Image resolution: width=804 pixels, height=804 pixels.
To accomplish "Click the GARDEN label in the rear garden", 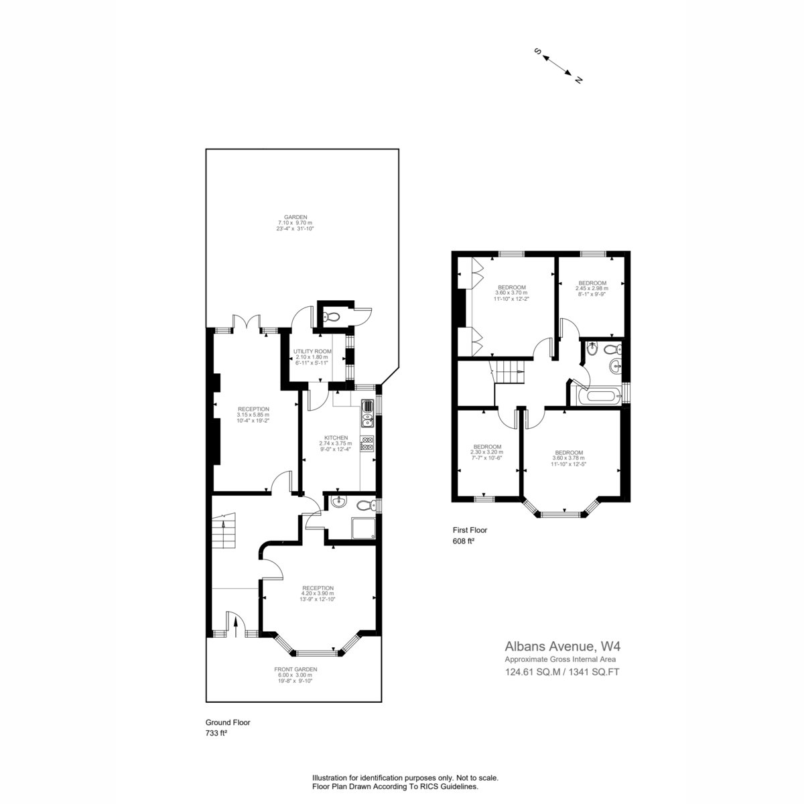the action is pos(295,217).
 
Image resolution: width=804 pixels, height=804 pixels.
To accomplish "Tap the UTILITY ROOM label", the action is pos(312,351).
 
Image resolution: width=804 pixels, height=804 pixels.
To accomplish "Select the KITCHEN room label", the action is pos(336,438).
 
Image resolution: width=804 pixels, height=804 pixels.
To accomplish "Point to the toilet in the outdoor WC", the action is pos(332,318).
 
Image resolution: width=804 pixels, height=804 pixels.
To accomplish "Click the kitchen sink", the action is pos(368,413).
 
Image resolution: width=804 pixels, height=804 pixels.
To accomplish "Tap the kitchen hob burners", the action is pos(368,444).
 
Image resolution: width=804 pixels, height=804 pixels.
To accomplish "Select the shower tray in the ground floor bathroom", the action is pos(364,528).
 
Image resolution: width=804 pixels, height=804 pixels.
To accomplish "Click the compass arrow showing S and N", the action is pos(557,66).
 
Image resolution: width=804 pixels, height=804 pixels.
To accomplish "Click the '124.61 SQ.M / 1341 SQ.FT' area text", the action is pos(562,672).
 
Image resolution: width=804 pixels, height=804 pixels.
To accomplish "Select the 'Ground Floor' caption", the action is pos(228,722).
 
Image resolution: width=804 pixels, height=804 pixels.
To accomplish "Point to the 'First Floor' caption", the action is pos(470,530).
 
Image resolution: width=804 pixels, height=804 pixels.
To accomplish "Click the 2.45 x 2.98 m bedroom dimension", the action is pos(592,288).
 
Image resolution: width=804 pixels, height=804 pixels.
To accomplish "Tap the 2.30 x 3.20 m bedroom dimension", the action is pos(486,452).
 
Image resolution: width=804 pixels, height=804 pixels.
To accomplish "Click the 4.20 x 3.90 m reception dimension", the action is pos(318,594).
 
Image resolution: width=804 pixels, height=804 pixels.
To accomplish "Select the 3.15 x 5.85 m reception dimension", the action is pos(253,415).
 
